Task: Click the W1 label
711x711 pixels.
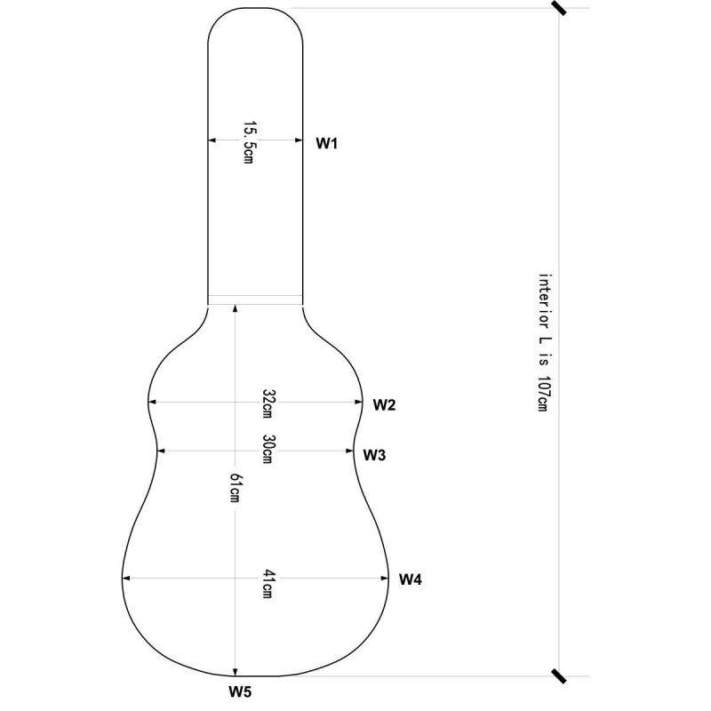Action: pos(326,143)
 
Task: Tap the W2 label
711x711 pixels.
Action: pos(384,404)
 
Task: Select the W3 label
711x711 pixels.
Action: pos(374,455)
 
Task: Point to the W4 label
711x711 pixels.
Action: pos(410,579)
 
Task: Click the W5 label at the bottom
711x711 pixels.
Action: pos(240,691)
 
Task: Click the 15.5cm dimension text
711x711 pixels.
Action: pos(249,142)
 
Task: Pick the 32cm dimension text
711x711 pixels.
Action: pos(268,403)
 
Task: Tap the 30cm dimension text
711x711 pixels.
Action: pos(268,449)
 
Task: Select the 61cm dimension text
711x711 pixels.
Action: pos(235,487)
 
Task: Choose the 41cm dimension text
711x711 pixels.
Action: pos(268,584)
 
